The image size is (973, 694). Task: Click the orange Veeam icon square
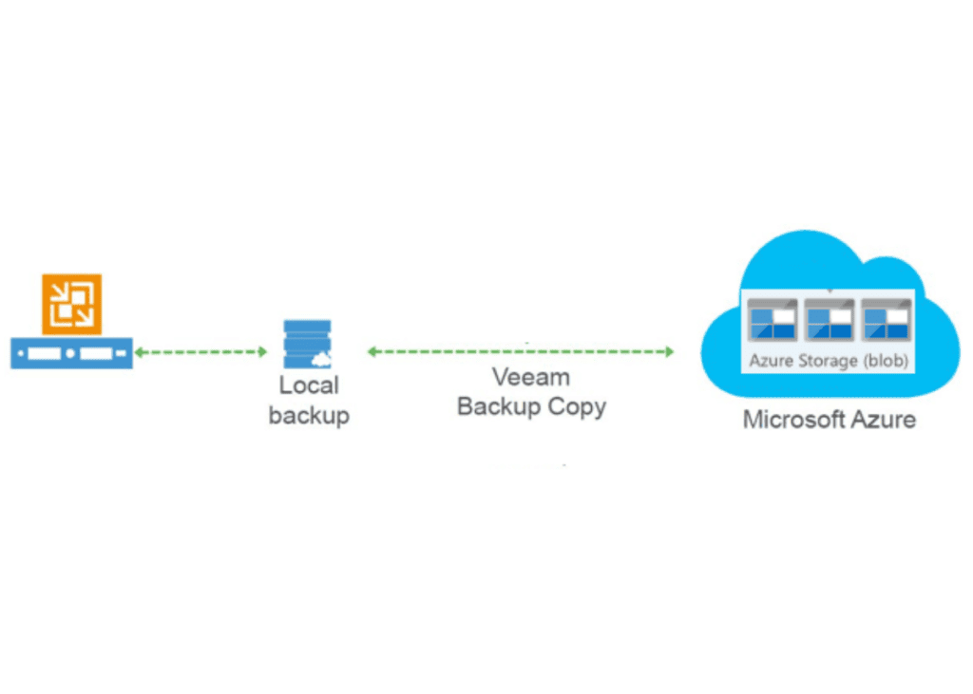click(x=71, y=304)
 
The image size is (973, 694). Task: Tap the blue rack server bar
click(x=71, y=353)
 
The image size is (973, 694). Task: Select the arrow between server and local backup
click(x=200, y=352)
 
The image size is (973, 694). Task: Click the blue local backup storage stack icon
click(x=307, y=344)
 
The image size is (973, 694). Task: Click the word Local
click(x=309, y=386)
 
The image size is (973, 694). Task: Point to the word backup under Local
click(x=309, y=415)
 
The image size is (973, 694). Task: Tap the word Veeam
click(x=531, y=377)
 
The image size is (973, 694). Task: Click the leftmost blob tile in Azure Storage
click(x=772, y=320)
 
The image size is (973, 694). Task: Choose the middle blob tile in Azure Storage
click(x=830, y=320)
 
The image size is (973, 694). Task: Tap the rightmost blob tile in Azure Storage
click(x=886, y=320)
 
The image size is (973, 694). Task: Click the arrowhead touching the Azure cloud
click(x=669, y=352)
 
